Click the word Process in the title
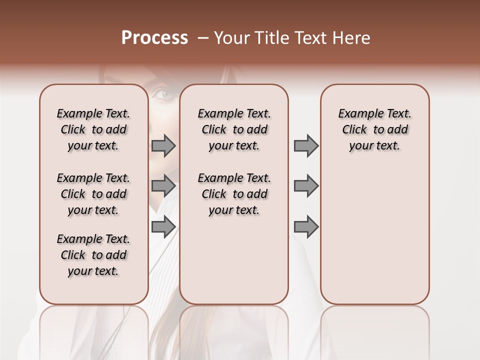pyautogui.click(x=154, y=38)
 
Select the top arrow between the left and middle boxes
pyautogui.click(x=163, y=146)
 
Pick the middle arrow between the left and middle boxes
pyautogui.click(x=163, y=186)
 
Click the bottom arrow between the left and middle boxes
pyautogui.click(x=163, y=226)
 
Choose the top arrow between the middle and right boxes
pyautogui.click(x=306, y=146)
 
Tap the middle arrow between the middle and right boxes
pyautogui.click(x=306, y=186)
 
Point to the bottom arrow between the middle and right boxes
pyautogui.click(x=306, y=226)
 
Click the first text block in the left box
pyautogui.click(x=93, y=129)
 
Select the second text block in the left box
pyautogui.click(x=93, y=194)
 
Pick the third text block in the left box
pyautogui.click(x=93, y=255)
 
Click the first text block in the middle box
pyautogui.click(x=234, y=129)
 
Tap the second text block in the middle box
pyautogui.click(x=234, y=194)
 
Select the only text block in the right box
pyautogui.click(x=375, y=129)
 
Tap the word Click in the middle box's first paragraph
pyautogui.click(x=214, y=130)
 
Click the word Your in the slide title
pyautogui.click(x=232, y=38)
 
